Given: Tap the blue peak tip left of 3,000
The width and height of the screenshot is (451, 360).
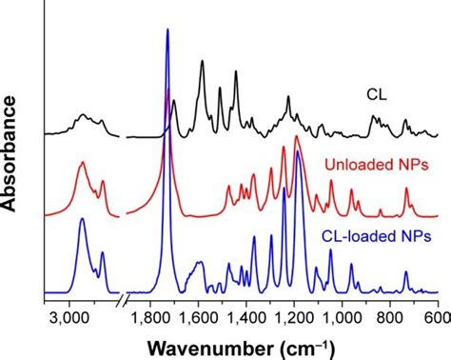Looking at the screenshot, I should click(82, 219).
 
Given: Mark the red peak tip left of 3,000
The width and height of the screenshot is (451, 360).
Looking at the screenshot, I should click(82, 163).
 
